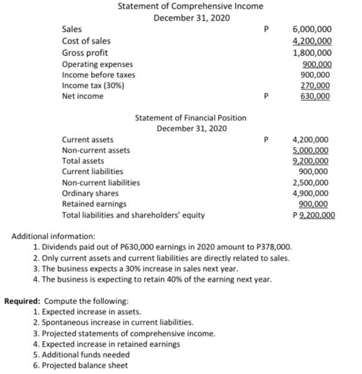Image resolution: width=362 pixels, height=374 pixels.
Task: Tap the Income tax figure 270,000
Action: click(316, 85)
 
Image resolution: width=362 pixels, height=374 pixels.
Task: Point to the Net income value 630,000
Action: click(316, 97)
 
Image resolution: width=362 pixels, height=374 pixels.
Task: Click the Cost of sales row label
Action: click(86, 41)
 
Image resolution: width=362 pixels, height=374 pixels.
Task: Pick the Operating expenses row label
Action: click(97, 64)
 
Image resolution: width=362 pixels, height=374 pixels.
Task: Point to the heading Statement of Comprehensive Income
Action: click(191, 6)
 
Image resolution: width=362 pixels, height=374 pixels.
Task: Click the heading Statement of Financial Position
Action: click(191, 117)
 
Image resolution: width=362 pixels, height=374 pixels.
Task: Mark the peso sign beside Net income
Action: click(267, 97)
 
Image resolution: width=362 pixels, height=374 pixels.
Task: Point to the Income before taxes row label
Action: click(98, 75)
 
